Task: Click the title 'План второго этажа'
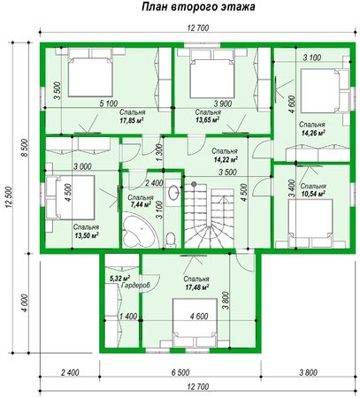(198, 6)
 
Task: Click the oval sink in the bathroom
(173, 193)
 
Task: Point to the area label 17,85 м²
(132, 120)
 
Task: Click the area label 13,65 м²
(207, 119)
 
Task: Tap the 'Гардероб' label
(135, 286)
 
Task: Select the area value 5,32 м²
(120, 278)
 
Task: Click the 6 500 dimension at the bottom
(180, 372)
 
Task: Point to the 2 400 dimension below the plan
(70, 372)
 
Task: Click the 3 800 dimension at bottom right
(308, 372)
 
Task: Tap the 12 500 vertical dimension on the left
(9, 197)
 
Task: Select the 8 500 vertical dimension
(24, 148)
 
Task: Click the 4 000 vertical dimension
(26, 302)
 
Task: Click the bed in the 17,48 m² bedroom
(195, 318)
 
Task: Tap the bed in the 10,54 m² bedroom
(310, 219)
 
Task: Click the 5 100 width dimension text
(109, 103)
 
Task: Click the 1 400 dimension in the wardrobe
(128, 317)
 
